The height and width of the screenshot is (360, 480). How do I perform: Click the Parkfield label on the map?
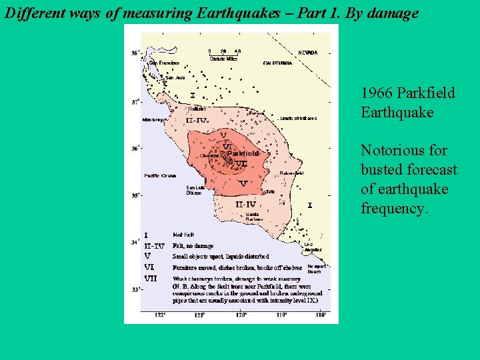pos(242,153)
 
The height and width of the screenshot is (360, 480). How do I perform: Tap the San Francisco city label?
pos(165,63)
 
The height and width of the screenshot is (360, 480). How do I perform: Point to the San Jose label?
pos(175,78)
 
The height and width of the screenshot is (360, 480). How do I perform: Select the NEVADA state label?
pos(307,53)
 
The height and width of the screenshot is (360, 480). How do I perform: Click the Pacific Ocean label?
pos(160,176)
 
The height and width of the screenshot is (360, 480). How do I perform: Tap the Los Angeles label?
pos(313,247)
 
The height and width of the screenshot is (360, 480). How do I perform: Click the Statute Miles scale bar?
pos(224,54)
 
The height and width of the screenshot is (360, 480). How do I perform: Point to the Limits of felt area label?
pos(298,118)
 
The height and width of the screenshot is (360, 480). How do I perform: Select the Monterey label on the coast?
pos(154,120)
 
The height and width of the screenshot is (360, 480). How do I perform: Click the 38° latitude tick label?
pos(135,53)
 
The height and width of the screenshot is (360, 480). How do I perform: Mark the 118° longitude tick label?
pos(320,315)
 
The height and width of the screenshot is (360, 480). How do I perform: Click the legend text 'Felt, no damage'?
pos(193,246)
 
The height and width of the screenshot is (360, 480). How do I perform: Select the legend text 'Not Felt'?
pos(183,235)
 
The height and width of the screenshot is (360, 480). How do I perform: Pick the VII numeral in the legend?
pos(151,278)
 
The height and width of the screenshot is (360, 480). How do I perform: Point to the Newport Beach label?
pos(314,269)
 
